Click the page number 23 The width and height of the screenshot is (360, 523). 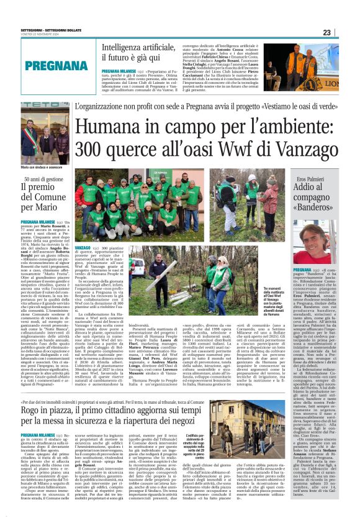pyautogui.click(x=344, y=33)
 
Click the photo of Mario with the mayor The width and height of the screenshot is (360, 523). pyautogui.click(x=45, y=133)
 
